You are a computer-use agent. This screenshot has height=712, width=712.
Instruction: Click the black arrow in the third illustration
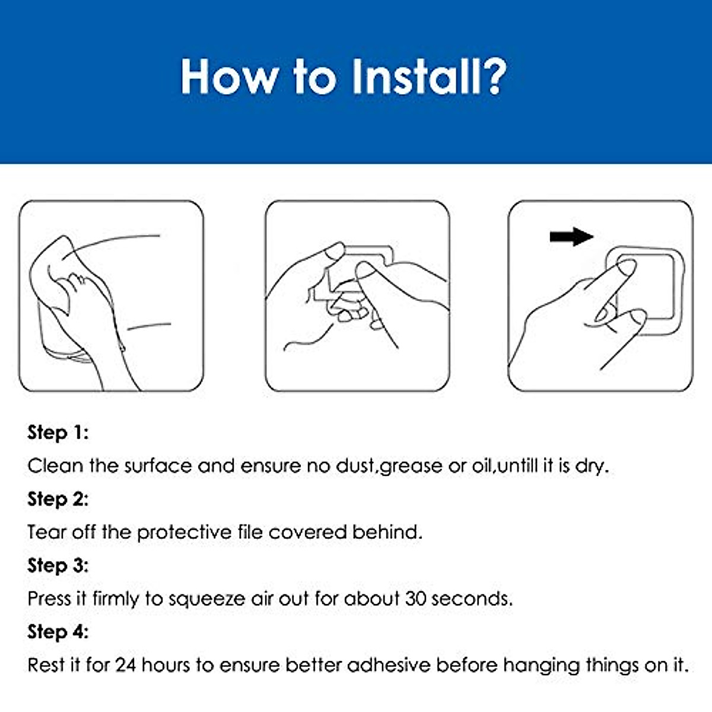[571, 237]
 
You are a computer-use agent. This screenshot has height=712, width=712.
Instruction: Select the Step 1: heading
[58, 433]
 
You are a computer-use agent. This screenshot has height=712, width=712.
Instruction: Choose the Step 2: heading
[58, 499]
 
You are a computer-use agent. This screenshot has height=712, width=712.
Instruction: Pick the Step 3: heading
[58, 565]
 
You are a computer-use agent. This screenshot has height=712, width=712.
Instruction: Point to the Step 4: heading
[58, 632]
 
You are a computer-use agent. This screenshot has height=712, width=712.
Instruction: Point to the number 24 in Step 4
[126, 665]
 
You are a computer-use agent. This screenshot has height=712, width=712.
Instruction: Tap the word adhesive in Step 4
[389, 665]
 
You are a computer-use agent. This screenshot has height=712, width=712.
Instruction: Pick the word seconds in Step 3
[472, 599]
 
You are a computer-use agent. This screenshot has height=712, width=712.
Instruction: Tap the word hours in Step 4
[166, 665]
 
